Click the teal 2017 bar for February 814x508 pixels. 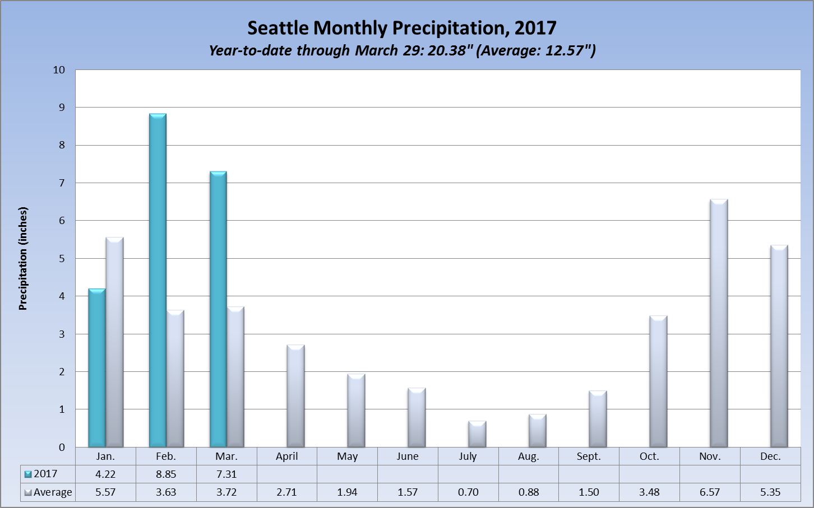158,280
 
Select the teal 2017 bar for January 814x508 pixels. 97,368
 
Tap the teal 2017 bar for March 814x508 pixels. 218,309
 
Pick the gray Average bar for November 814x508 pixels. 719,323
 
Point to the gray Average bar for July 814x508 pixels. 477,434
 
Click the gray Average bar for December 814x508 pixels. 779,346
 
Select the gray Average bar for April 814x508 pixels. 295,396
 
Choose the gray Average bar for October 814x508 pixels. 658,381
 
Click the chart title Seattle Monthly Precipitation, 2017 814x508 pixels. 401,28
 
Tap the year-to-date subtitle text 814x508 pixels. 401,50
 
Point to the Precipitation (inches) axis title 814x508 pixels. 23,258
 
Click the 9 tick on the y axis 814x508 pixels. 62,107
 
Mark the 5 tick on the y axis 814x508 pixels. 62,258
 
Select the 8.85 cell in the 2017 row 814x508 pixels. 166,474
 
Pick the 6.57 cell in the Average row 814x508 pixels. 710,492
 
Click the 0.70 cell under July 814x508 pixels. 468,492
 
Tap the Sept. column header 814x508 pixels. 589,456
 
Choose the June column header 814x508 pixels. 408,456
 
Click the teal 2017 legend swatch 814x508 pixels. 27,474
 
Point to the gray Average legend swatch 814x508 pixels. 27,493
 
